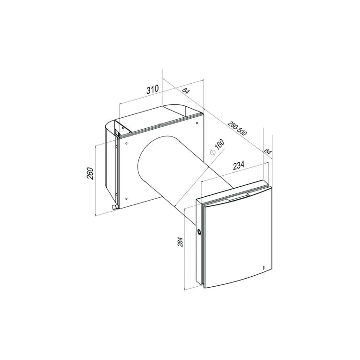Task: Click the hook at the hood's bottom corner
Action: (113, 207)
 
